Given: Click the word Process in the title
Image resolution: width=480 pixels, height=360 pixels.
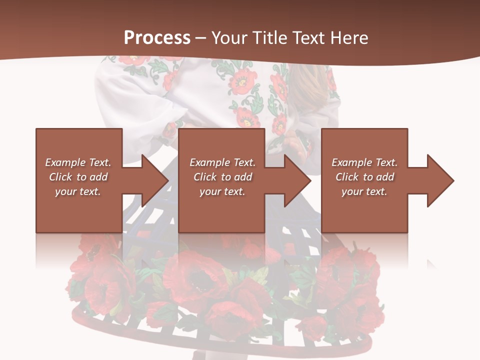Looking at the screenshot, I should click(x=157, y=37).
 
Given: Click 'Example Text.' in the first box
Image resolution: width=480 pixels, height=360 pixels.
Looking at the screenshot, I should click(x=78, y=162).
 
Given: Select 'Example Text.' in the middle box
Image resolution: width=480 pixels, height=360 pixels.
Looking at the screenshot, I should click(x=222, y=162).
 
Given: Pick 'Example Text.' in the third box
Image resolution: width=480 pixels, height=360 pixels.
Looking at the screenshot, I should click(x=364, y=162).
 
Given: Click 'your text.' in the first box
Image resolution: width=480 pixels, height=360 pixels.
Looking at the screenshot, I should click(x=78, y=191).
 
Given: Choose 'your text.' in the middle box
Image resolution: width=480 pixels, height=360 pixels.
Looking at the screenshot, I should click(x=222, y=191).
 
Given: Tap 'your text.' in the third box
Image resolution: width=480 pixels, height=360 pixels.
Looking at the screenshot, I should click(x=364, y=191).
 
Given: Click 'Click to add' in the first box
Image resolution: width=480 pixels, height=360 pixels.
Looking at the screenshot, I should click(x=78, y=177).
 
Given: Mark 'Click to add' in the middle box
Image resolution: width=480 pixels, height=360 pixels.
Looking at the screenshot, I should click(x=222, y=177).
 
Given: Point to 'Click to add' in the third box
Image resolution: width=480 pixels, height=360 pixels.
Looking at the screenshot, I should click(x=364, y=177).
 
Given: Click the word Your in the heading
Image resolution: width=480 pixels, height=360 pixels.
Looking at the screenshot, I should click(x=228, y=37).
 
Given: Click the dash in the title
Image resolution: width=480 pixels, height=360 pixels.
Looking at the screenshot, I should click(x=201, y=38).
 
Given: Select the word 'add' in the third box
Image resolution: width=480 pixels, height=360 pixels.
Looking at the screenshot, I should click(x=385, y=177).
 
